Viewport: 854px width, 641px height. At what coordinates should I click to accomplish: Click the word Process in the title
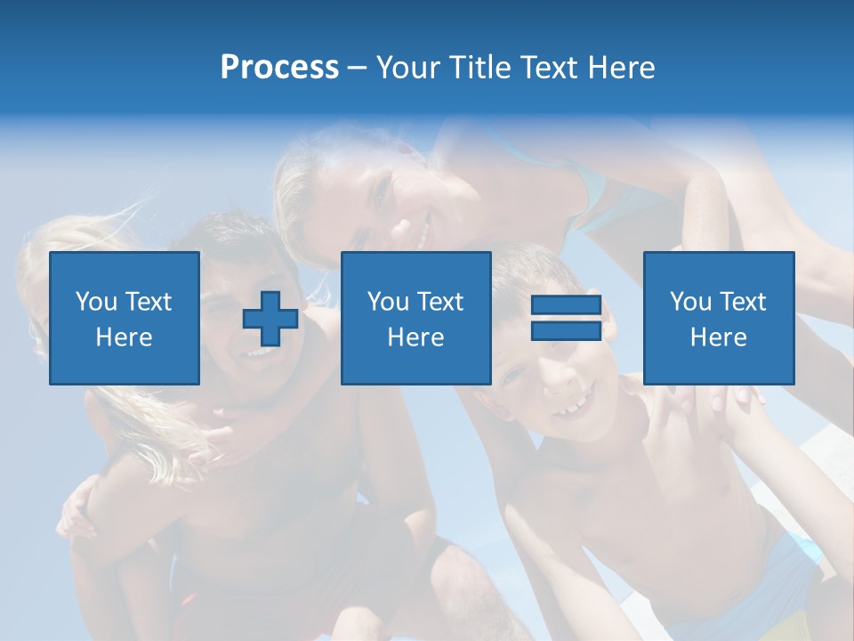279,68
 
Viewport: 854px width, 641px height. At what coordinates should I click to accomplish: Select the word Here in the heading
619,68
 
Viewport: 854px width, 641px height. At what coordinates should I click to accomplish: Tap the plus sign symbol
270,319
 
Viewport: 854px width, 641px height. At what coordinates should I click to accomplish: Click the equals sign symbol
566,318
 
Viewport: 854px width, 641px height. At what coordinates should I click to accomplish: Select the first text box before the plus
125,319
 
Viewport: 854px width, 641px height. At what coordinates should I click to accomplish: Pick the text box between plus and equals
416,319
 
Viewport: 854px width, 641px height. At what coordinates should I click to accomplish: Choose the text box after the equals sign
719,319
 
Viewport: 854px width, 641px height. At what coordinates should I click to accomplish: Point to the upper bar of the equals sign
566,305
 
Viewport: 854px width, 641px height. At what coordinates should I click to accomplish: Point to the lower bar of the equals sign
566,330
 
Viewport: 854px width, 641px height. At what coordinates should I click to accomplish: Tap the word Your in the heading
408,68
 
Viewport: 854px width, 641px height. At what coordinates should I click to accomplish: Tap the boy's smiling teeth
572,409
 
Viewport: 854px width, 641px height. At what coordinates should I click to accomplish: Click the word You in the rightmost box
690,302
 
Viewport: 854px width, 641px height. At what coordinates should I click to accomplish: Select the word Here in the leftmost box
125,337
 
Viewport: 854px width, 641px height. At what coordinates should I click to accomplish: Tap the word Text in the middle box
439,302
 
